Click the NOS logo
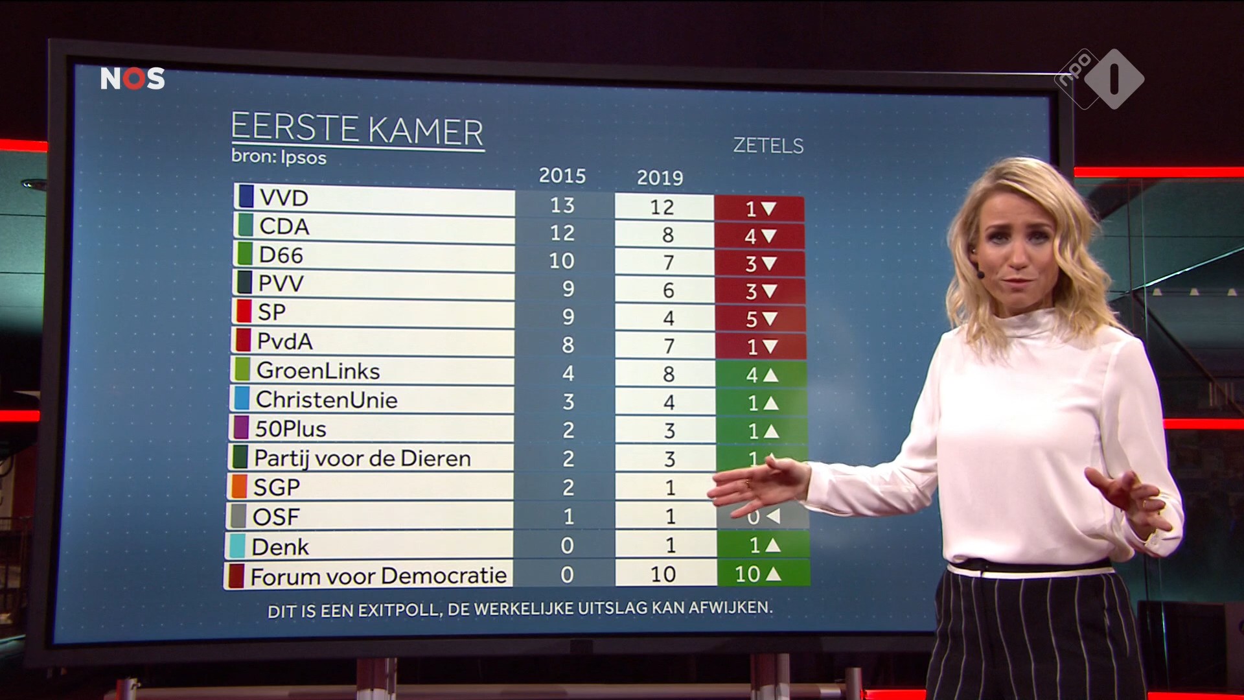coord(132,79)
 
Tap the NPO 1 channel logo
coord(1100,79)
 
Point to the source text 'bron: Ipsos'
coord(279,157)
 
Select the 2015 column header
coord(562,176)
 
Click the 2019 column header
coord(660,178)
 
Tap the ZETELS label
coord(768,146)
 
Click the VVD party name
coord(284,198)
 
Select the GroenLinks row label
coord(318,371)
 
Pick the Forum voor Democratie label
coord(378,576)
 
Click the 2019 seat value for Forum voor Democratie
coord(663,574)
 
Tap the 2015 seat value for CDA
coord(562,233)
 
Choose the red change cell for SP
coord(760,319)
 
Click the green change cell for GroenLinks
coord(761,375)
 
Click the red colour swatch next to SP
coord(244,312)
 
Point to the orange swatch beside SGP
coord(238,487)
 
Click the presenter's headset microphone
coord(980,275)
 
